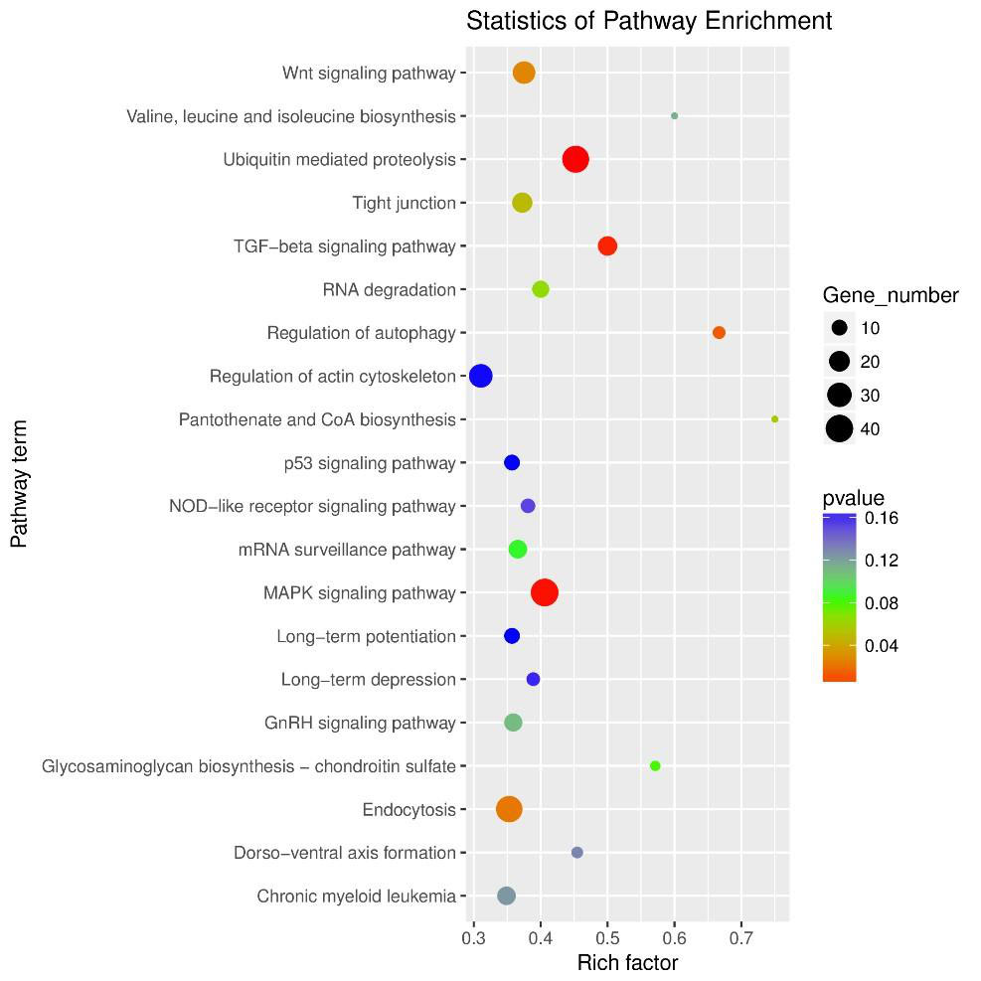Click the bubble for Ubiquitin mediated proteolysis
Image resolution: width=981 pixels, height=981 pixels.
575,159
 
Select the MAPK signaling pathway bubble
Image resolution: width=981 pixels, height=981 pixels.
544,592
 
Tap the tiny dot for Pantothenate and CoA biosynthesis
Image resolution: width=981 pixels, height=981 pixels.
774,419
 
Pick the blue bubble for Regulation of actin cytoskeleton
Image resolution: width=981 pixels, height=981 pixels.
481,376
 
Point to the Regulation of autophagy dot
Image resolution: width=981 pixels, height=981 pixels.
719,333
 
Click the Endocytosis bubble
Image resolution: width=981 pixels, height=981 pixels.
509,809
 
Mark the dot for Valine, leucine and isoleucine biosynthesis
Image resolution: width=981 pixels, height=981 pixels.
675,116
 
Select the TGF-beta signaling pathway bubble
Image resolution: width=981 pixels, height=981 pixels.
607,245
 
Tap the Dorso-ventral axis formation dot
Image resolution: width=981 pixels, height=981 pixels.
577,853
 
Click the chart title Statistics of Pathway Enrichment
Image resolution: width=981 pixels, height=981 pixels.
649,21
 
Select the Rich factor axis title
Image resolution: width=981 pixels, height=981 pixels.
627,963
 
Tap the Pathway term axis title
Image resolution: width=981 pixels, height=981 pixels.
19,484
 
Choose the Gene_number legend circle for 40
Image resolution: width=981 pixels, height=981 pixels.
840,428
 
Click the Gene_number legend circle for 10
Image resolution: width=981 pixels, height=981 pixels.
840,327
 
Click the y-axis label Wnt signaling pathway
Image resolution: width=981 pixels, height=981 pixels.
368,73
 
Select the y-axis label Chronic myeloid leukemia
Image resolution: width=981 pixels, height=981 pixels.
356,897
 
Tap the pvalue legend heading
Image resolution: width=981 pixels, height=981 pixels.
853,498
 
